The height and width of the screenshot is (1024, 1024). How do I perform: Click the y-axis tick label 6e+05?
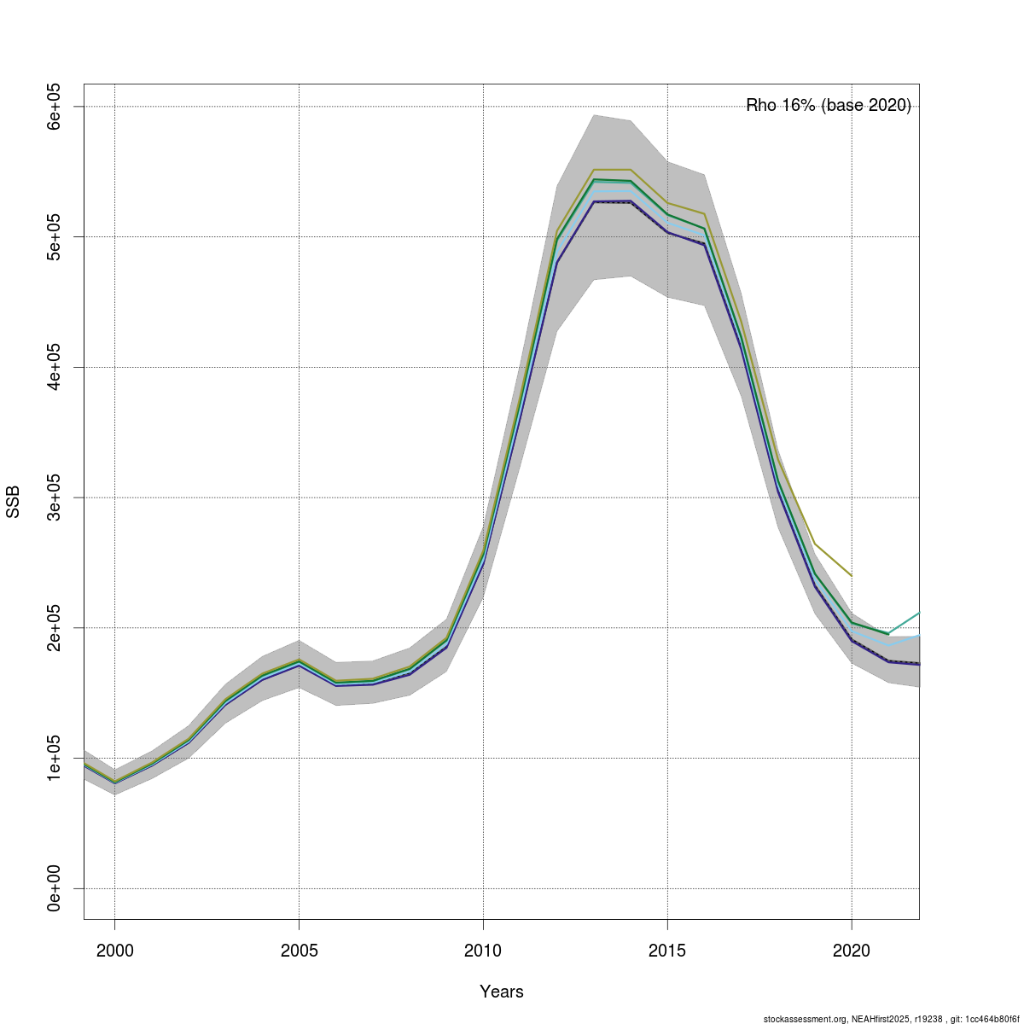coord(54,106)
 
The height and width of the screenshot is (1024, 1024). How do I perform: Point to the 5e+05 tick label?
coord(54,236)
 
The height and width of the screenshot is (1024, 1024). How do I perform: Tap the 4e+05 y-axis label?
coord(54,367)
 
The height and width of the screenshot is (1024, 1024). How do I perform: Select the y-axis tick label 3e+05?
coord(54,497)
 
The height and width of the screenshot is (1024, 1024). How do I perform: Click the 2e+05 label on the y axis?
coord(54,628)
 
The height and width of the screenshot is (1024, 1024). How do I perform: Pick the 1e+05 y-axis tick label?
coord(54,758)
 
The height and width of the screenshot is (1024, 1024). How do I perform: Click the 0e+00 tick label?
coord(54,888)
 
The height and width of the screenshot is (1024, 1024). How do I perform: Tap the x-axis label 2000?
coord(114,951)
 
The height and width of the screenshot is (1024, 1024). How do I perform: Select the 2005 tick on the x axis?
coord(299,951)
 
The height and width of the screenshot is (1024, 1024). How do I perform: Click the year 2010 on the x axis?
coord(483,951)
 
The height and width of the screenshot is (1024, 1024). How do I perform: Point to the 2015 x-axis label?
coord(667,951)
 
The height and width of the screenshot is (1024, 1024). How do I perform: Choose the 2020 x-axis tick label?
coord(852,951)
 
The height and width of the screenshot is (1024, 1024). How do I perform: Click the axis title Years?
coord(502,992)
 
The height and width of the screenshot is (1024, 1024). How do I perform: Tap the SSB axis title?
coord(13,502)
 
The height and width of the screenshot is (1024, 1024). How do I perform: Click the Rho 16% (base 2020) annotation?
coord(829,106)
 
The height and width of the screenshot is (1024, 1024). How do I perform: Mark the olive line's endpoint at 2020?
coord(852,575)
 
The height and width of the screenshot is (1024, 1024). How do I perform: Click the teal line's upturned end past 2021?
coord(918,613)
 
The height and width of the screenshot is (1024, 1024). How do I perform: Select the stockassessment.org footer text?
coord(891,1019)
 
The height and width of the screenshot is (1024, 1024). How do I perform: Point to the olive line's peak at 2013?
coord(594,170)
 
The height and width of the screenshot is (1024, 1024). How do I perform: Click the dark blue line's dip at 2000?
coord(114,783)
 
